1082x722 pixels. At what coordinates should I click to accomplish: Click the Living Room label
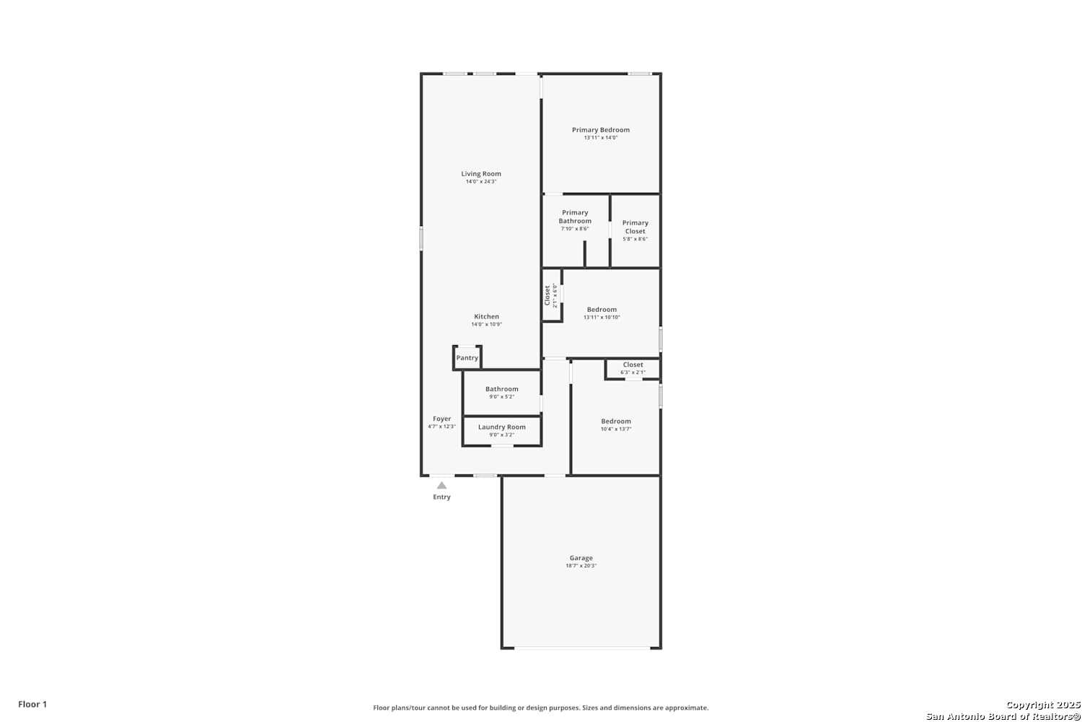[481, 173]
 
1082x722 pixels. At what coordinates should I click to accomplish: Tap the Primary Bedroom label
[601, 130]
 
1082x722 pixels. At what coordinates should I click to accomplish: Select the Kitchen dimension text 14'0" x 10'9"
[486, 324]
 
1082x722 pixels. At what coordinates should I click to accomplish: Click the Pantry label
[467, 358]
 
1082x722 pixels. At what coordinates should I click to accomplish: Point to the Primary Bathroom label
[575, 217]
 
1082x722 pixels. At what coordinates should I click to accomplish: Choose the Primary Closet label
[635, 227]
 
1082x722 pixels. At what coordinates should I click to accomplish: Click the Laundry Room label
[502, 427]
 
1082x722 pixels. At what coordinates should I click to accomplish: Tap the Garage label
[581, 557]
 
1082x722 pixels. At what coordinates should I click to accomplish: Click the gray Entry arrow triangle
[441, 485]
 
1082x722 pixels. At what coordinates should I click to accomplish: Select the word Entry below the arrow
[441, 497]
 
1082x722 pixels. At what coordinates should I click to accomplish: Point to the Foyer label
[442, 419]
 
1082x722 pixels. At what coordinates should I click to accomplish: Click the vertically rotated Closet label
[547, 295]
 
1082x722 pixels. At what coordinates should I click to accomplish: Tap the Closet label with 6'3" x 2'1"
[633, 365]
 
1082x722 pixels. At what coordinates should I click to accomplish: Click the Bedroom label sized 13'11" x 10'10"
[602, 310]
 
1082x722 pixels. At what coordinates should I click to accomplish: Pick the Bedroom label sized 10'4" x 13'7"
[616, 421]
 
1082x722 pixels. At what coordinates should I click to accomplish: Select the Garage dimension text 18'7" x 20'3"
[581, 566]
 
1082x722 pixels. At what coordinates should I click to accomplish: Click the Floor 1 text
[32, 704]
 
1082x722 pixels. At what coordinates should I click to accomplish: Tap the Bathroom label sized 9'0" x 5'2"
[502, 389]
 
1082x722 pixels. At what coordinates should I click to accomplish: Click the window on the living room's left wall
[421, 239]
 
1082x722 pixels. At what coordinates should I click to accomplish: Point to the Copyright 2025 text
[1042, 705]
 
